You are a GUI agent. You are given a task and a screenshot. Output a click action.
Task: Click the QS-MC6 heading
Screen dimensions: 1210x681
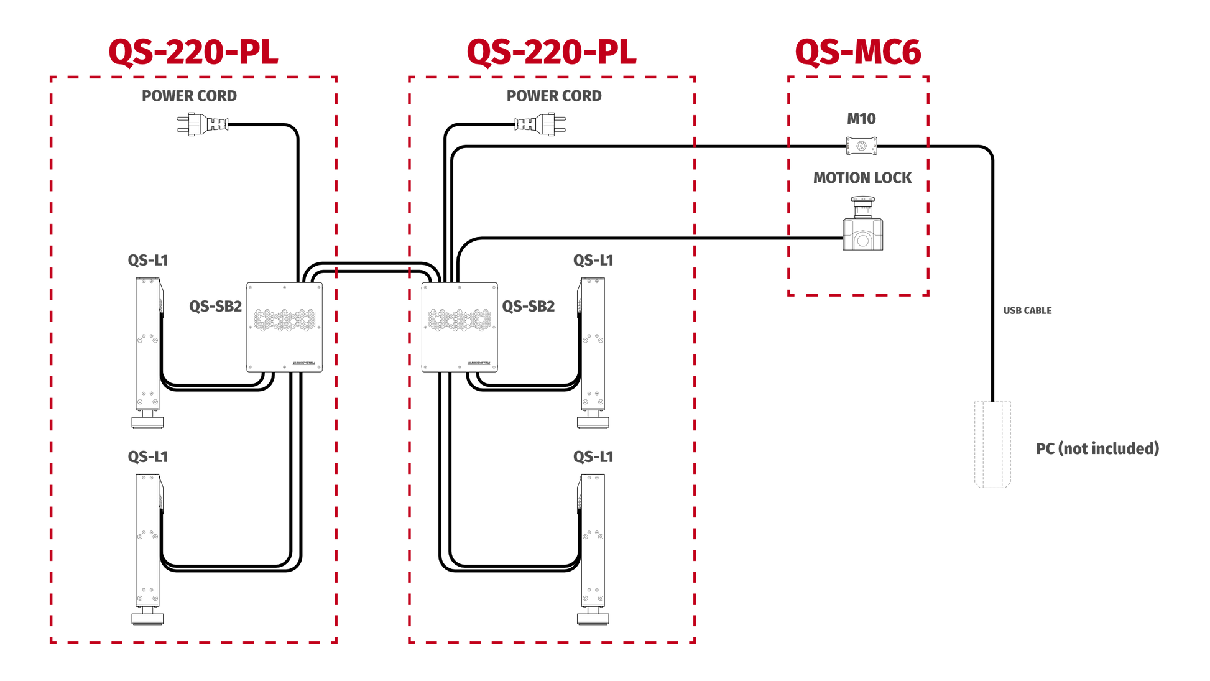[x=857, y=52]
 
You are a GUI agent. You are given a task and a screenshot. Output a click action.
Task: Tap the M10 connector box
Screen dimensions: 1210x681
[x=861, y=146]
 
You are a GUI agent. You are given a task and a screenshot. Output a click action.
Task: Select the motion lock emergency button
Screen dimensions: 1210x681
[x=862, y=223]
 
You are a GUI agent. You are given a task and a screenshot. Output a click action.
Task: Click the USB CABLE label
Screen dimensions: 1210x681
[x=1027, y=310]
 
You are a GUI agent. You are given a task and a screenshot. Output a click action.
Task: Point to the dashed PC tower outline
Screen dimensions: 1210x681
[x=992, y=445]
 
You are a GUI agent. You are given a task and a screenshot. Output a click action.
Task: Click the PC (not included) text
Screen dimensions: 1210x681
[x=1097, y=448]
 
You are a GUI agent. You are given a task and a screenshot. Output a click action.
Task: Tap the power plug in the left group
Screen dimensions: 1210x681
[x=203, y=124]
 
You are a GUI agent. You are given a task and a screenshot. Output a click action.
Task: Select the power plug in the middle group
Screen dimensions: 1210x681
[x=540, y=124]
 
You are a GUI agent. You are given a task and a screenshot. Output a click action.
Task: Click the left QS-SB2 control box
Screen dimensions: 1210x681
[x=285, y=327]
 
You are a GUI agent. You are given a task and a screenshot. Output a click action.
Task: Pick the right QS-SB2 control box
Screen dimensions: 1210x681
[x=460, y=327]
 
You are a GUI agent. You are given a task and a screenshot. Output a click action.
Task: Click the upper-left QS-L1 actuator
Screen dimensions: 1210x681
[x=149, y=353]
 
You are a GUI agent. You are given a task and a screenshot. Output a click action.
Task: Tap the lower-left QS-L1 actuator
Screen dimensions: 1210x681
[x=149, y=549]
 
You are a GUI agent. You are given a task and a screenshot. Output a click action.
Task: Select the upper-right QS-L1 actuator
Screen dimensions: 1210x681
[x=593, y=353]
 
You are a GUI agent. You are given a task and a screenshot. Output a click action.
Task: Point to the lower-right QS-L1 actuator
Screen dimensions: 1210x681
[x=593, y=549]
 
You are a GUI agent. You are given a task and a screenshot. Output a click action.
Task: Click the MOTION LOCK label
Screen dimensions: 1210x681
[x=862, y=178]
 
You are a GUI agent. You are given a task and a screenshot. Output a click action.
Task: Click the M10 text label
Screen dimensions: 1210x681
[x=861, y=119]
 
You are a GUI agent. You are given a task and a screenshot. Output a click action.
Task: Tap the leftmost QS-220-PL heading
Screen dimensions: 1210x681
[x=193, y=52]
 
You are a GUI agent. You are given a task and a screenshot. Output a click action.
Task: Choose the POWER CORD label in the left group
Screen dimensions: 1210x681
[x=189, y=96]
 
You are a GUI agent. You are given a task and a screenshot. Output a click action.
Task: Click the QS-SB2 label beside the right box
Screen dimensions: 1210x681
[x=529, y=306]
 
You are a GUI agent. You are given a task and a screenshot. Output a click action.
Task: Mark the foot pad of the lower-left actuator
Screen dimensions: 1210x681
[x=147, y=619]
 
